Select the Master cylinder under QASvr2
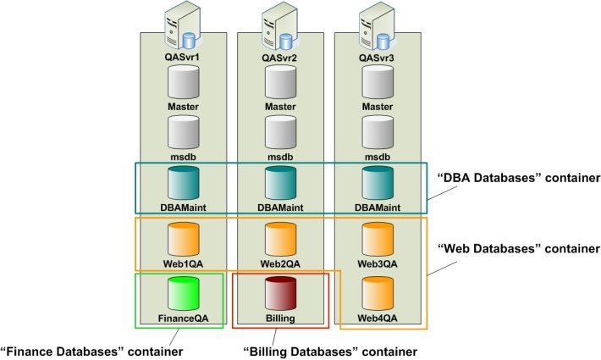[x=280, y=83]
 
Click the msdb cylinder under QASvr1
[x=184, y=132]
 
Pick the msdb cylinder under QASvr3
[x=378, y=132]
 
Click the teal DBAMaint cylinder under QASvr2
[x=280, y=182]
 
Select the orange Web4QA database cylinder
[x=378, y=293]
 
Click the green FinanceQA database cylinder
[x=184, y=293]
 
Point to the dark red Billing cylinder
[x=280, y=293]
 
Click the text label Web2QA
[x=280, y=263]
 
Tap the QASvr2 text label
[x=280, y=58]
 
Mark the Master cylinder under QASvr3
[x=378, y=83]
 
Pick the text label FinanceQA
[x=184, y=318]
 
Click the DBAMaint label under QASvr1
[x=184, y=207]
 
